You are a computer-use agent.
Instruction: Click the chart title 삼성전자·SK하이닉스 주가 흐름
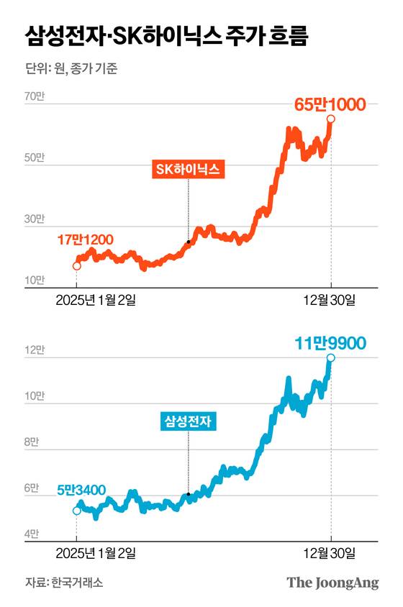pos(167,35)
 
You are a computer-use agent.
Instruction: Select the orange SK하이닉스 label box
pos(188,169)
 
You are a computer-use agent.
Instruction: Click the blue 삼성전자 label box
pos(188,420)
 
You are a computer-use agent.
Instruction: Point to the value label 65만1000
pos(331,104)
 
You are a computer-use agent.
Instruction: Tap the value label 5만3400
pos(79,492)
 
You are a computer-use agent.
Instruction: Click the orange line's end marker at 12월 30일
pos(330,119)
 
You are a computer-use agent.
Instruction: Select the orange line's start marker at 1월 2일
pos(77,266)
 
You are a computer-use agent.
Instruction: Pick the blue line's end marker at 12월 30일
pos(330,357)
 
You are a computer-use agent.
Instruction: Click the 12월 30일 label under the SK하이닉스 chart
pos(330,300)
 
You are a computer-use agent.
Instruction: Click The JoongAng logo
pos(332,583)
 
